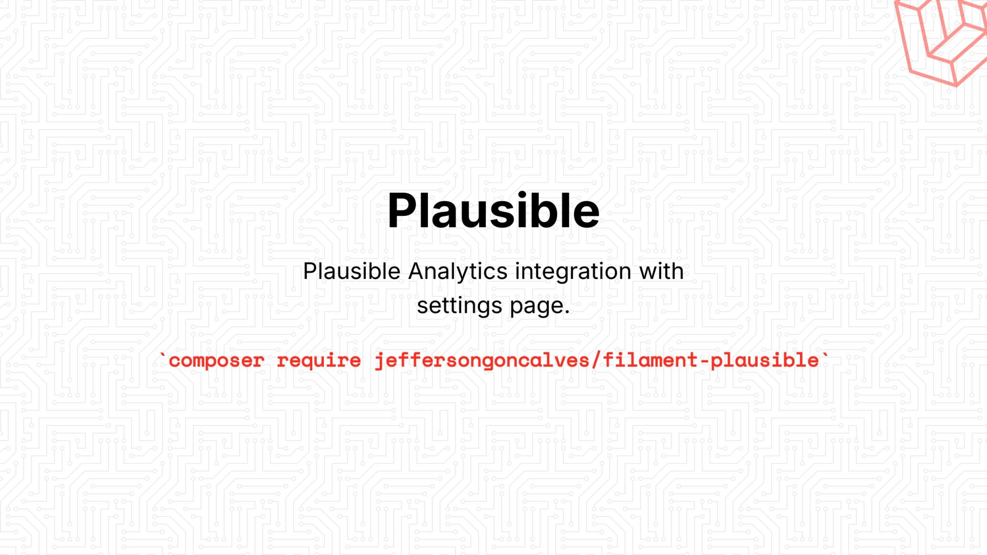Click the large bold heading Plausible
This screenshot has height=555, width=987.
point(493,211)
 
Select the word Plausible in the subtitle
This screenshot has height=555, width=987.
point(352,271)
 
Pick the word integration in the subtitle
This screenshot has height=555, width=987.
point(573,271)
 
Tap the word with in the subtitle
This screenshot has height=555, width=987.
point(662,271)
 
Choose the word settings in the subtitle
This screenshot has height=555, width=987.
point(459,306)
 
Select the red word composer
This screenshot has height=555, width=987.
point(216,361)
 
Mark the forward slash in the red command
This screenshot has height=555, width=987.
point(596,360)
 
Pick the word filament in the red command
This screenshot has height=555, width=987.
point(650,360)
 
